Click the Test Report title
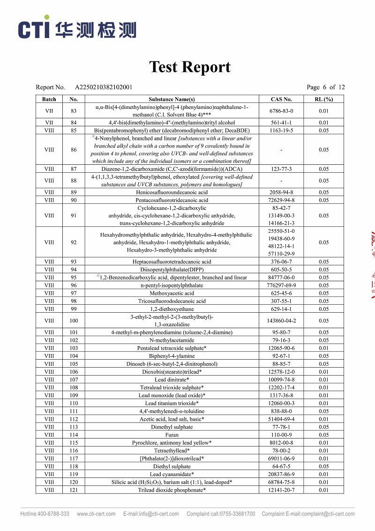[189, 67]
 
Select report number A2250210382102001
[104, 87]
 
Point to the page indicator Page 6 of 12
[325, 87]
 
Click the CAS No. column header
[281, 99]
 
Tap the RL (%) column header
[323, 99]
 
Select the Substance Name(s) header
[172, 99]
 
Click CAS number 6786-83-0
[281, 111]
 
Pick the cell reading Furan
[172, 435]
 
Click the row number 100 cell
[74, 321]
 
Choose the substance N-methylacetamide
[172, 340]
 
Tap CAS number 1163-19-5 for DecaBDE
[281, 131]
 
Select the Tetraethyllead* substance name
[172, 451]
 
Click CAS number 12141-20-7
[281, 490]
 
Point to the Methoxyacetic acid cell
[172, 293]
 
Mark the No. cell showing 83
[74, 111]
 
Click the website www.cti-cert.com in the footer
[96, 514]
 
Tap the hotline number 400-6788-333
[52, 514]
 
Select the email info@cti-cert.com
[151, 514]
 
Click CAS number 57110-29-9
[281, 254]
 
